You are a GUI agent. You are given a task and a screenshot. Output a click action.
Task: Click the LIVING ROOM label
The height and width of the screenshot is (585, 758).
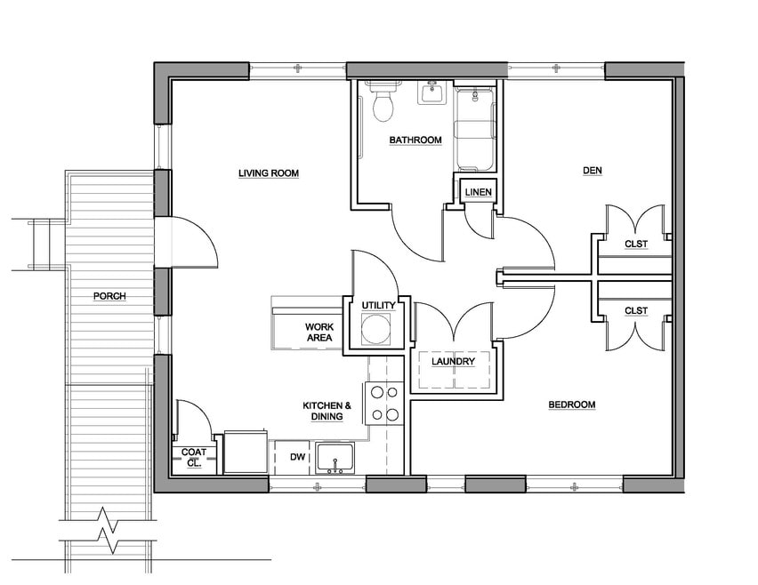tap(269, 173)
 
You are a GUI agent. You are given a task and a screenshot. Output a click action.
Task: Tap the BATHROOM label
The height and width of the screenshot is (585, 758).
tap(415, 140)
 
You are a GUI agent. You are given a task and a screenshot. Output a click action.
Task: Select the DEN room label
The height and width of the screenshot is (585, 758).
tap(593, 170)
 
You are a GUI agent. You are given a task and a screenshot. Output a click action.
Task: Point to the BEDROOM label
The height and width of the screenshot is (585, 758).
tap(572, 405)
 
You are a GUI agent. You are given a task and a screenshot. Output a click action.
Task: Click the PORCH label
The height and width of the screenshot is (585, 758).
tap(109, 296)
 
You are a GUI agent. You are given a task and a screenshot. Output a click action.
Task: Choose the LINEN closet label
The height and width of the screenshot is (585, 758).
tap(478, 192)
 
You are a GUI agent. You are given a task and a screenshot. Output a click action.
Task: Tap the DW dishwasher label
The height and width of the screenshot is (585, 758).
tap(298, 456)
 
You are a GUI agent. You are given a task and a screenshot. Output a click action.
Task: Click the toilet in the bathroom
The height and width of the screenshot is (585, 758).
tap(383, 102)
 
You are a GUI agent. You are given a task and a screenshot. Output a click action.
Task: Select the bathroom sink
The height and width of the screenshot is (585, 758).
tap(431, 92)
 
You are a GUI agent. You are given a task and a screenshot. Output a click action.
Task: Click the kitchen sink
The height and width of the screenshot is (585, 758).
tap(335, 458)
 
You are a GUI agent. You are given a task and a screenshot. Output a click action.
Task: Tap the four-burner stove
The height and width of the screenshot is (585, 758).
tap(384, 404)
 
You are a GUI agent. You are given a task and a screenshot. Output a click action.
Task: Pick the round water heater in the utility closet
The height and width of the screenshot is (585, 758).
tap(376, 329)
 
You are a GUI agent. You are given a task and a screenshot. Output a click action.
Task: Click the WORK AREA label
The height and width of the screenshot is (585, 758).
tap(319, 333)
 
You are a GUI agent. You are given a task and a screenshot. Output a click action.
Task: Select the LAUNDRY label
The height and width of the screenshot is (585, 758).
tap(453, 361)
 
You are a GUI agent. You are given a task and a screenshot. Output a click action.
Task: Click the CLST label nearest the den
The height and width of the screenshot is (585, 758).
tap(636, 244)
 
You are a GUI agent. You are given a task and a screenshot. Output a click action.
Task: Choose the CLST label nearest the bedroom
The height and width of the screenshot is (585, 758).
tap(636, 310)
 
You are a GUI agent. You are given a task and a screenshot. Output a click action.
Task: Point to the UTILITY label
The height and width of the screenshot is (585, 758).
tap(378, 305)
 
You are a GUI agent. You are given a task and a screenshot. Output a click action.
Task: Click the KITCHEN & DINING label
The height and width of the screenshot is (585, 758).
tap(327, 411)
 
